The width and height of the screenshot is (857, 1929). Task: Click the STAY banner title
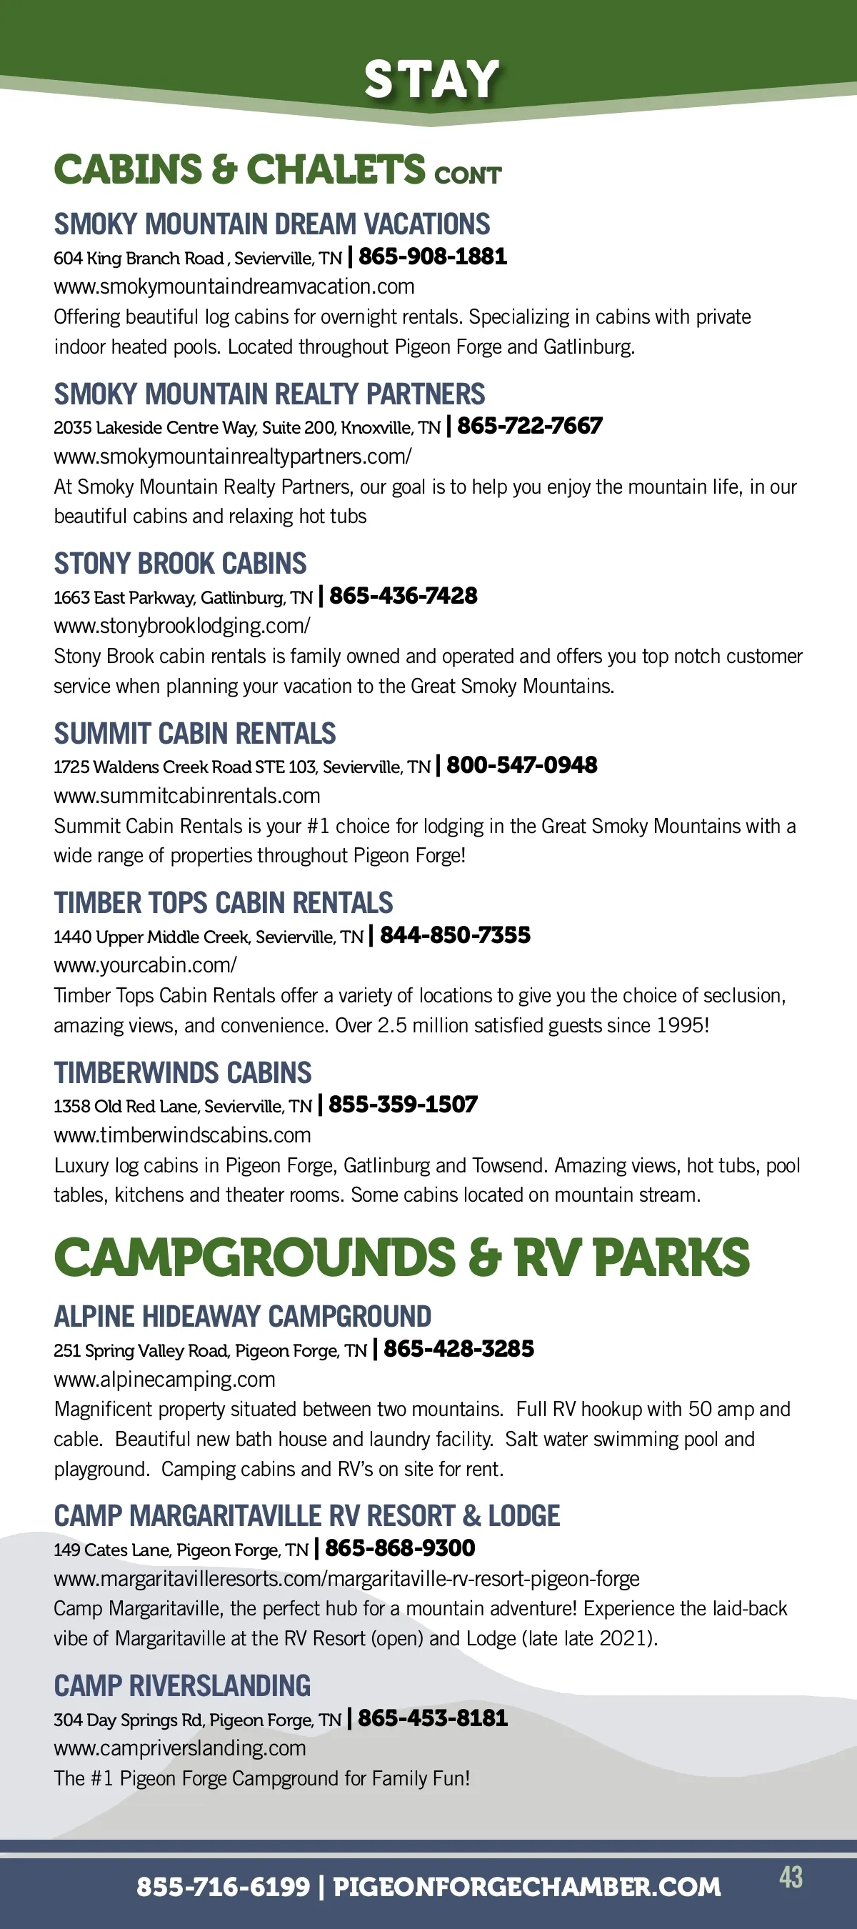pyautogui.click(x=431, y=79)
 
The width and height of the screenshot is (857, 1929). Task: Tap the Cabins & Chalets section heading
pyautogui.click(x=277, y=169)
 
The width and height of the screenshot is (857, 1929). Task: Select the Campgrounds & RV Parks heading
pyautogui.click(x=401, y=1257)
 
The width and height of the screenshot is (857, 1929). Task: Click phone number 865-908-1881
pyautogui.click(x=433, y=257)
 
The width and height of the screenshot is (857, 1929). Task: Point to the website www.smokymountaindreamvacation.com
pyautogui.click(x=234, y=286)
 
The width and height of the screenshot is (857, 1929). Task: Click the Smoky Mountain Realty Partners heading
pyautogui.click(x=269, y=394)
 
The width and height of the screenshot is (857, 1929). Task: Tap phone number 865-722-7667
pyautogui.click(x=529, y=426)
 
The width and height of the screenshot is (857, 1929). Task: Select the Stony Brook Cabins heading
pyautogui.click(x=181, y=563)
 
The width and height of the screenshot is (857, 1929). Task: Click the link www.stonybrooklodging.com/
pyautogui.click(x=182, y=626)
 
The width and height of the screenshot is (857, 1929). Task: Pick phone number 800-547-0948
pyautogui.click(x=521, y=765)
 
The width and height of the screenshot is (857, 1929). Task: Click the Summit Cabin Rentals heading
pyautogui.click(x=194, y=733)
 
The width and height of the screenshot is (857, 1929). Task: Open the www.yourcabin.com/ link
pyautogui.click(x=145, y=965)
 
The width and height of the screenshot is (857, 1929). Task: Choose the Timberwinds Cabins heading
pyautogui.click(x=183, y=1072)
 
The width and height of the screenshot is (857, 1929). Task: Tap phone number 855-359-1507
pyautogui.click(x=403, y=1105)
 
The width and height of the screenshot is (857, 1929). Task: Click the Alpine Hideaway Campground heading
pyautogui.click(x=243, y=1317)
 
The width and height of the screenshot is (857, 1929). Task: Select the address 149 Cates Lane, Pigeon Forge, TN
pyautogui.click(x=181, y=1550)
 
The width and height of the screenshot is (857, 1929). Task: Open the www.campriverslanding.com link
pyautogui.click(x=180, y=1748)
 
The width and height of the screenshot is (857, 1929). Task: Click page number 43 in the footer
pyautogui.click(x=791, y=1878)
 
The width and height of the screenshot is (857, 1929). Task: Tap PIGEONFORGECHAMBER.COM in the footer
pyautogui.click(x=526, y=1887)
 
